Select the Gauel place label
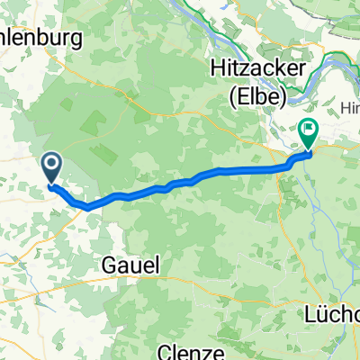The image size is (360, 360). point(131,265)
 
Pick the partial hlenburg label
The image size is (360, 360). point(40,38)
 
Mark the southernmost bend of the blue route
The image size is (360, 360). point(88,207)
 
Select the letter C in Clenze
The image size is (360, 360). point(165,350)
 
